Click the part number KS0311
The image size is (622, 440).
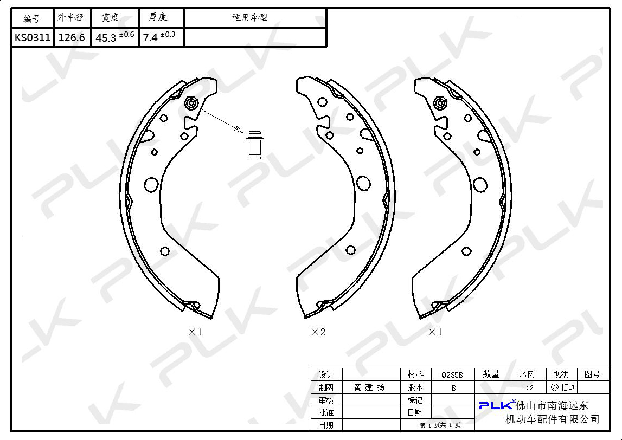(33, 37)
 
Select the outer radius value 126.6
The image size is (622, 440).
(72, 37)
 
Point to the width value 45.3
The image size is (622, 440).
(106, 38)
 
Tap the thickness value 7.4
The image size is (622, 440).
(150, 37)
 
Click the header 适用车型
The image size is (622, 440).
(249, 17)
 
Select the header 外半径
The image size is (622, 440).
(71, 17)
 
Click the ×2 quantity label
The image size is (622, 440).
(318, 332)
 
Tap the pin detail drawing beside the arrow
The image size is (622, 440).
(255, 145)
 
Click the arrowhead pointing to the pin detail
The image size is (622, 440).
(239, 130)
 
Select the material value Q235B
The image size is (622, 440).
(452, 374)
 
